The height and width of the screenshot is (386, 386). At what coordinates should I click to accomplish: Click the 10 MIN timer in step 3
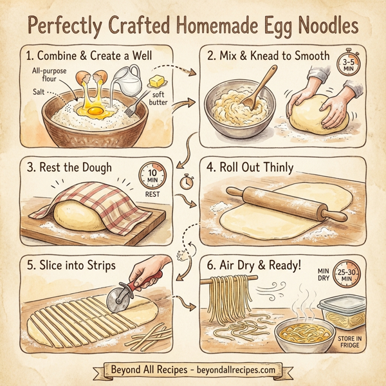click(151, 174)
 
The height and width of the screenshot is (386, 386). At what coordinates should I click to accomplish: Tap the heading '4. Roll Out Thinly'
click(251, 168)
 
